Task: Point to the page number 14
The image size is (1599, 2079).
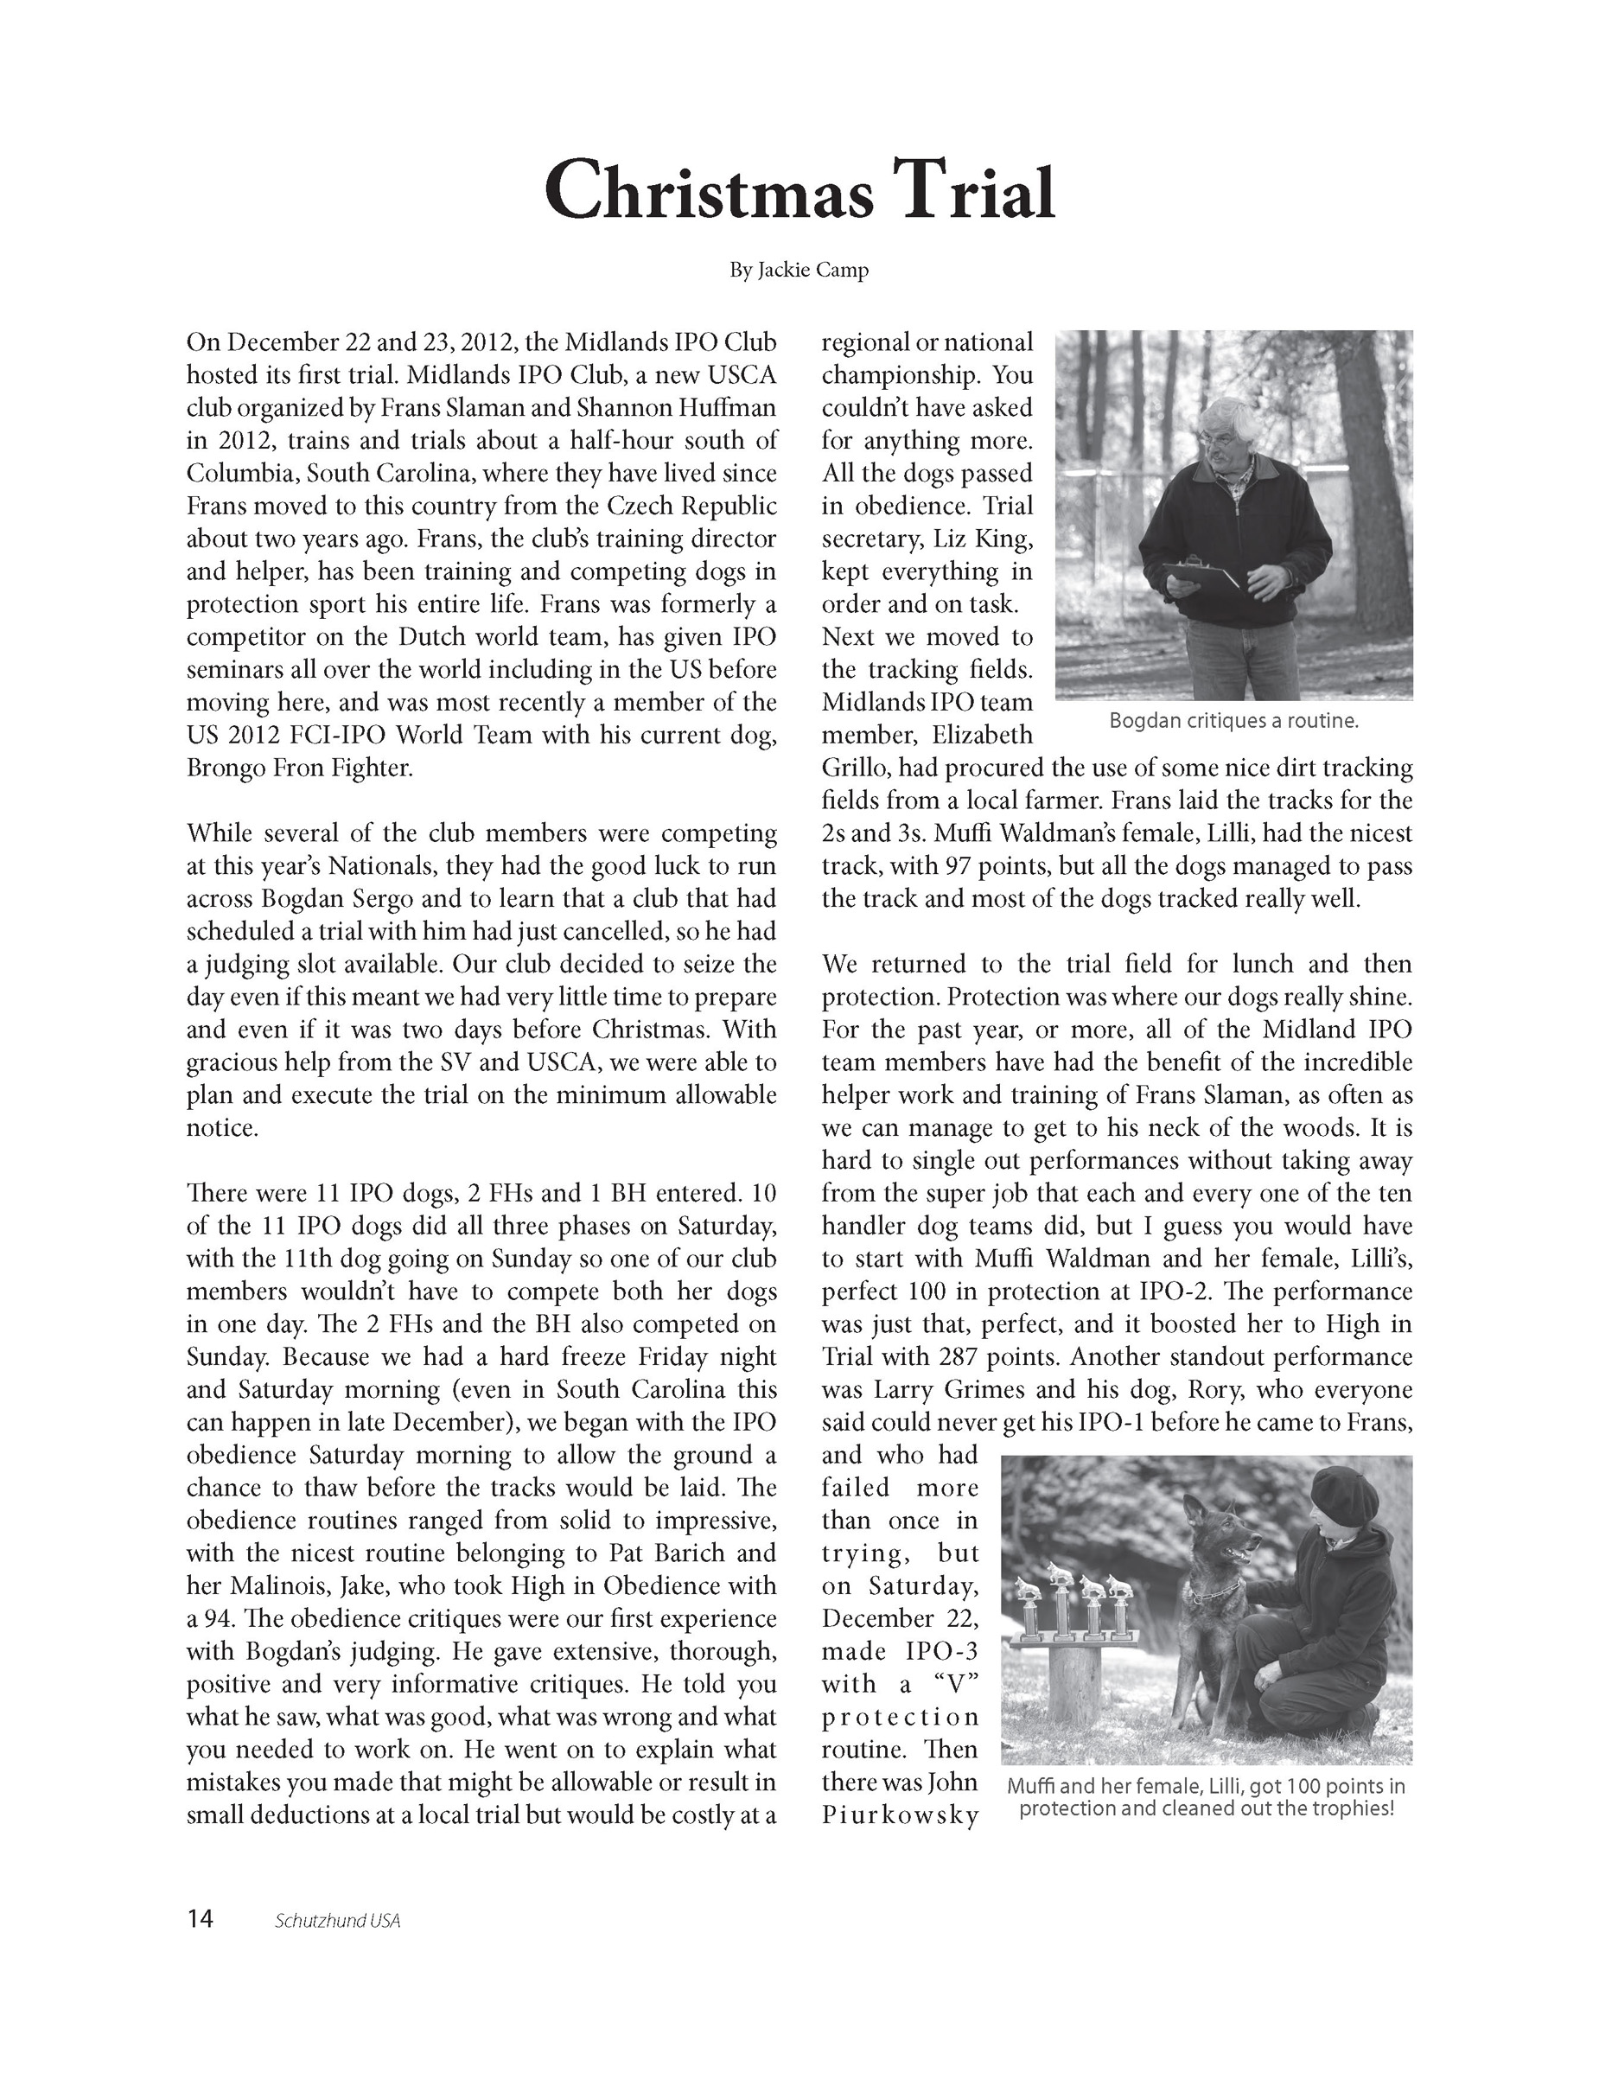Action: pos(201,1919)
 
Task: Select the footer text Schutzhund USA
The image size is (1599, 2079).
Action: pos(337,1921)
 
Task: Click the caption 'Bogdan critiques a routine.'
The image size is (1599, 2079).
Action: pos(1233,722)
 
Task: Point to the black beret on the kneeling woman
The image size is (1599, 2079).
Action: pos(1343,1496)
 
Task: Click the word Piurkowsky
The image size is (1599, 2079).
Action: pos(900,1816)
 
